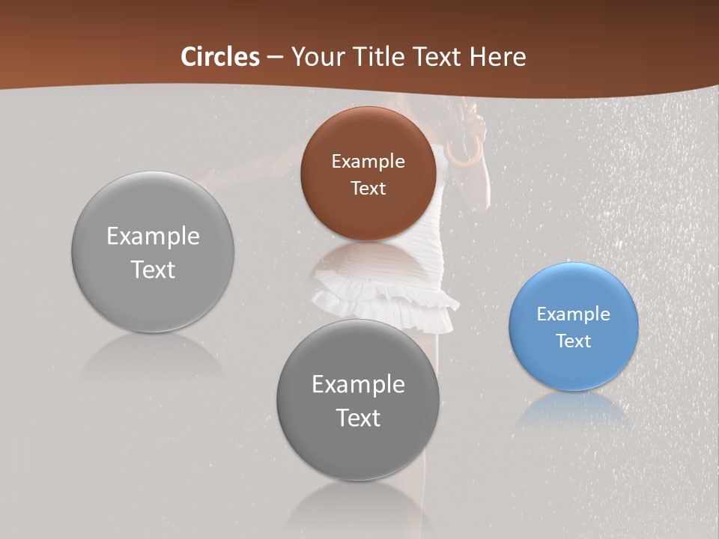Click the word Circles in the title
[x=219, y=57]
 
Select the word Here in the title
[x=497, y=57]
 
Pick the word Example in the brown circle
[x=368, y=161]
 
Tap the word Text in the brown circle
[x=368, y=188]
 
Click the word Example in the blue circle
[x=573, y=314]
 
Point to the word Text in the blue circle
[x=573, y=341]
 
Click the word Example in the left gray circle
[x=153, y=236]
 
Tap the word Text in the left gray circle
[x=153, y=269]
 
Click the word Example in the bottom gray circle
[x=358, y=384]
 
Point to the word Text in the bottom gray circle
[x=358, y=418]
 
